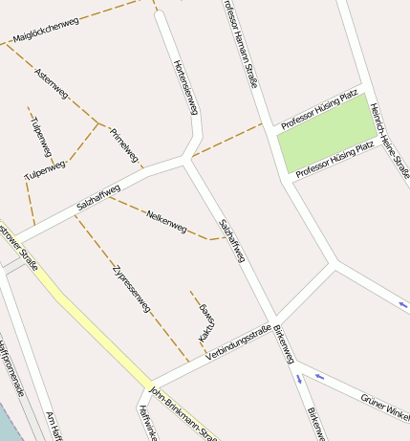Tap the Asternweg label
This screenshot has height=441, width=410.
click(x=52, y=83)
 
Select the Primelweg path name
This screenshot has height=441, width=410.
click(x=125, y=144)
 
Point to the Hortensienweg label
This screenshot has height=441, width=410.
click(x=185, y=86)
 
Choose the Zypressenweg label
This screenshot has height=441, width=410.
click(x=131, y=288)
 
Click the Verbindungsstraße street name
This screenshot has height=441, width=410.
click(x=238, y=343)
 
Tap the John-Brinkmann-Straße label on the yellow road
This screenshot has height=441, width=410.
click(x=183, y=413)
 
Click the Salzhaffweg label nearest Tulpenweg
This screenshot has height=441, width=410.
click(x=98, y=197)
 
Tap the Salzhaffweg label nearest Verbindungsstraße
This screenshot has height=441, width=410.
click(x=232, y=241)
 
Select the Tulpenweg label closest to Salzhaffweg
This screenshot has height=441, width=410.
click(x=45, y=170)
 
